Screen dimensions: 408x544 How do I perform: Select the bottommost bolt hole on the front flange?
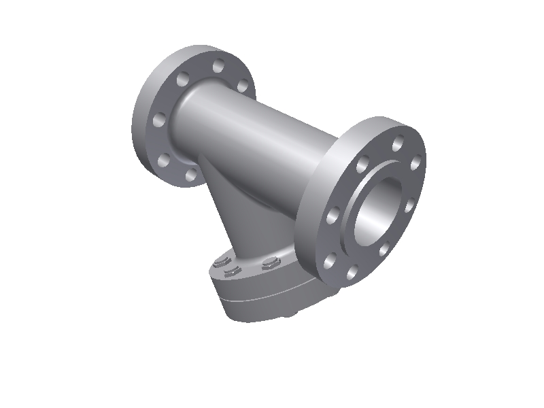[352, 273]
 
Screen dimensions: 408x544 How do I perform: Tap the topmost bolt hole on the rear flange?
[218, 66]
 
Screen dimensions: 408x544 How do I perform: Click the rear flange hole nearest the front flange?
[241, 85]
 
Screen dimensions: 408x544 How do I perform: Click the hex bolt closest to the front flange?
[272, 263]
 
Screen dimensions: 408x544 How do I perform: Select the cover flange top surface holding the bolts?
[252, 272]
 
